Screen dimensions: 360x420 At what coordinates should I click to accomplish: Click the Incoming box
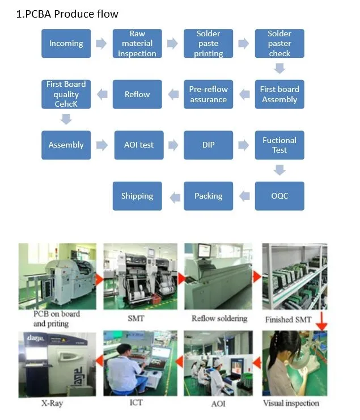(66, 44)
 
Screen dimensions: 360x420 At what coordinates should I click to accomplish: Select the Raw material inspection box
(137, 44)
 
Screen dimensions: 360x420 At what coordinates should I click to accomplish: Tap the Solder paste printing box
(208, 44)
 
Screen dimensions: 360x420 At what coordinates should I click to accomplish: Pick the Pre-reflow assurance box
(208, 94)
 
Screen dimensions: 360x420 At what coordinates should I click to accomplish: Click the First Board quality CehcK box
(66, 94)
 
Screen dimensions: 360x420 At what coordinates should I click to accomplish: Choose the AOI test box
(138, 145)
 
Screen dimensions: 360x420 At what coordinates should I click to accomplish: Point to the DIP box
(208, 145)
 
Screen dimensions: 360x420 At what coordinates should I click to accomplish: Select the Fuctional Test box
(279, 145)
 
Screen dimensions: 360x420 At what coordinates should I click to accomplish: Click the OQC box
(279, 196)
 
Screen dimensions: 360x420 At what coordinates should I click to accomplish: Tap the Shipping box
(137, 196)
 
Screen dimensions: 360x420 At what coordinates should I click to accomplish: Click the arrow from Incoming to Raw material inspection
(101, 44)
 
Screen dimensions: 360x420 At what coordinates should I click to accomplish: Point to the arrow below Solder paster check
(279, 69)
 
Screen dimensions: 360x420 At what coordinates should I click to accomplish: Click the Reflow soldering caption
(219, 318)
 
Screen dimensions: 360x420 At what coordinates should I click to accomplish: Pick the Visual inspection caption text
(291, 404)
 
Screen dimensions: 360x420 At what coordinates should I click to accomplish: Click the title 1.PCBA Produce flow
(67, 14)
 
